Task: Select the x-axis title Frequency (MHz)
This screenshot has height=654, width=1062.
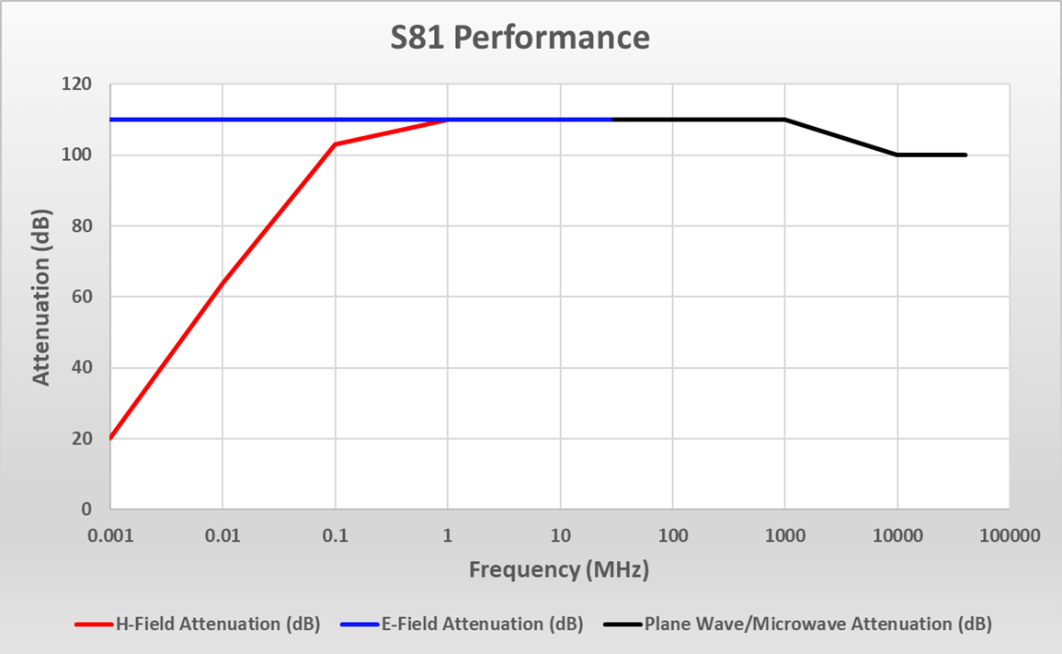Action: pos(559,569)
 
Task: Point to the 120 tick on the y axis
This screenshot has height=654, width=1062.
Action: pos(82,85)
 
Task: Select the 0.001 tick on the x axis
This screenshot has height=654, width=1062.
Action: pos(110,534)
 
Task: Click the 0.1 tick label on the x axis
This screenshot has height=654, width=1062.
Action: pos(336,534)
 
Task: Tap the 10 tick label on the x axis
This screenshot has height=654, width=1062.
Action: pos(560,534)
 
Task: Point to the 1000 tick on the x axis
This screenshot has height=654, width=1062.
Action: pos(784,534)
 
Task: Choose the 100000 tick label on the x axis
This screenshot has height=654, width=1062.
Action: pos(1009,534)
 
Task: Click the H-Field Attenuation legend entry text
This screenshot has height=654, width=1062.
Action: pos(217,624)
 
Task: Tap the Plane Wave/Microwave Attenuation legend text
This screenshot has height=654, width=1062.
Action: pos(817,624)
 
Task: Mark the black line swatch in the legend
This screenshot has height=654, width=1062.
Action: pos(622,625)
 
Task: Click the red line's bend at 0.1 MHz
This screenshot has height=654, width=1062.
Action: pos(336,144)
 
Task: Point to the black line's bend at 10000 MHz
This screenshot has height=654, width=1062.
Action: pos(897,155)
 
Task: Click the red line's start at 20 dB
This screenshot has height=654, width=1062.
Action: pos(111,438)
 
